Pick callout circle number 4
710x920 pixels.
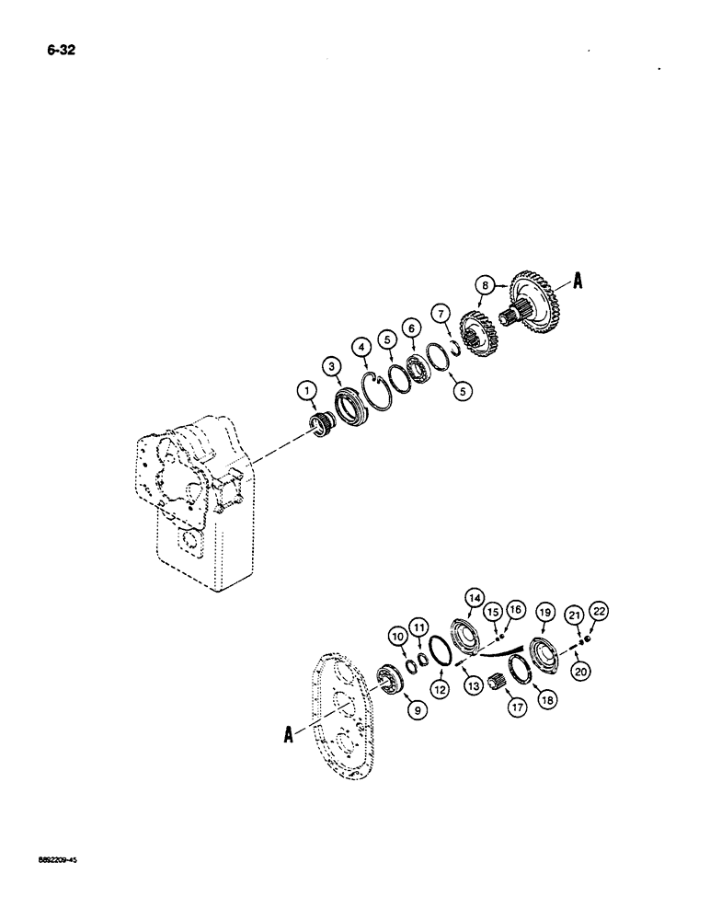(x=365, y=348)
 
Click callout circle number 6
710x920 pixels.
(x=411, y=327)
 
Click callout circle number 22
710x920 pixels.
(x=589, y=611)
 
